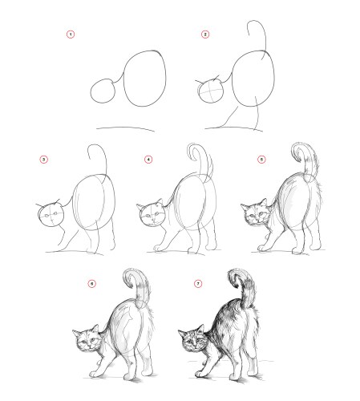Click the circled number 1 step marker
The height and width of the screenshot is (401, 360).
[71, 34]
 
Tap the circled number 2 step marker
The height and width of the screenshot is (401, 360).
[205, 34]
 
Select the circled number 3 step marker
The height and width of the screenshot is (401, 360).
[44, 160]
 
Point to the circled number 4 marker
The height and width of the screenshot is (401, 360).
[148, 160]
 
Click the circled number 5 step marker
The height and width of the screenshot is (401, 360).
[261, 160]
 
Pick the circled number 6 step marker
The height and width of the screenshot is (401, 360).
[92, 283]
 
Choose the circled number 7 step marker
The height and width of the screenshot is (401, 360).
[198, 283]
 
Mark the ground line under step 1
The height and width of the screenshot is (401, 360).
[125, 128]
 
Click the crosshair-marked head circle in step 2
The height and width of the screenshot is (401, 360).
[211, 91]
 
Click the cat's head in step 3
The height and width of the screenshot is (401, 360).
[51, 215]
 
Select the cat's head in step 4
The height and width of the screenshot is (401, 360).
[152, 214]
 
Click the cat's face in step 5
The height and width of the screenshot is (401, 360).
[255, 214]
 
